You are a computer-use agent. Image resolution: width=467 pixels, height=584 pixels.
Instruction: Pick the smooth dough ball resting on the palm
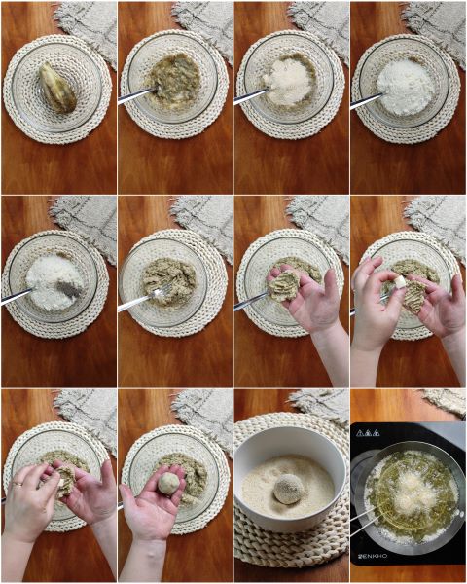tap(169, 484)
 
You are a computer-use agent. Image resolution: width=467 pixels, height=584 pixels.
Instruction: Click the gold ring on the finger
tap(18, 483)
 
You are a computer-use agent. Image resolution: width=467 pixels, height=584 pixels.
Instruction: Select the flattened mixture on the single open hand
tap(286, 285)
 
